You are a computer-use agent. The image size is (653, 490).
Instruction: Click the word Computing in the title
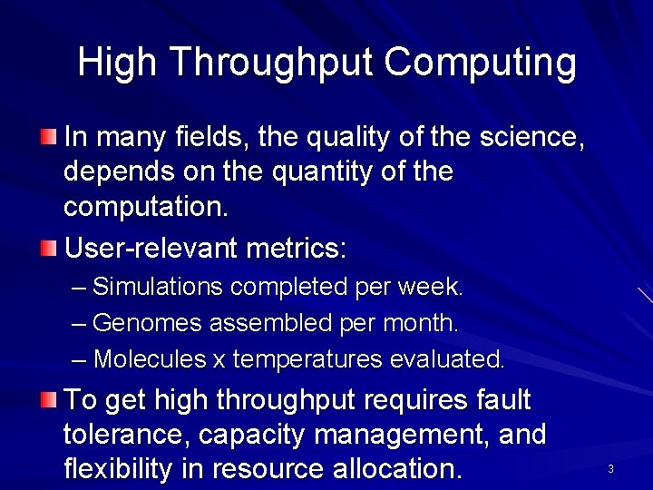coord(480,64)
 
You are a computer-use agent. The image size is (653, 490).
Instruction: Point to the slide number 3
coord(610,469)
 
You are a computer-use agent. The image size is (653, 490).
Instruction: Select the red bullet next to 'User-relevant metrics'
coord(48,247)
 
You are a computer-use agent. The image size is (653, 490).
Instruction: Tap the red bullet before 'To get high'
coord(48,399)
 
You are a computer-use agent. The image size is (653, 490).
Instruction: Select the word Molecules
coord(150,359)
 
